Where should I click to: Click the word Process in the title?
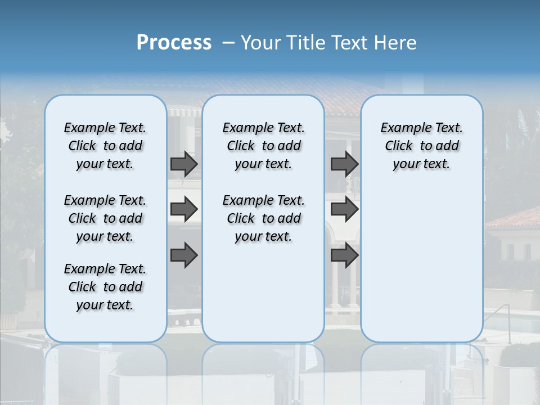174,42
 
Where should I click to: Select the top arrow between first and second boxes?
184,164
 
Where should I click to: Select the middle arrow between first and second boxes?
184,209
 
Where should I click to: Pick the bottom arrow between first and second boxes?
184,255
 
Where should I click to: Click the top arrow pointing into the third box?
344,164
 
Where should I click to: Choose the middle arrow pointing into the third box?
344,209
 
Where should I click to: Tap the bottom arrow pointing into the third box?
344,255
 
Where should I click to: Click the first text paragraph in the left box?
105,146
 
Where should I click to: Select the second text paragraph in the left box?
105,218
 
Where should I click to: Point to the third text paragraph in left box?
105,287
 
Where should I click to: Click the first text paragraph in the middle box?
264,146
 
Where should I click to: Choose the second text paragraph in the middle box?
264,218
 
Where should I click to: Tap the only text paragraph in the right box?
422,146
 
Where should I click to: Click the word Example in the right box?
401,128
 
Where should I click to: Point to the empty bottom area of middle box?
263,298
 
